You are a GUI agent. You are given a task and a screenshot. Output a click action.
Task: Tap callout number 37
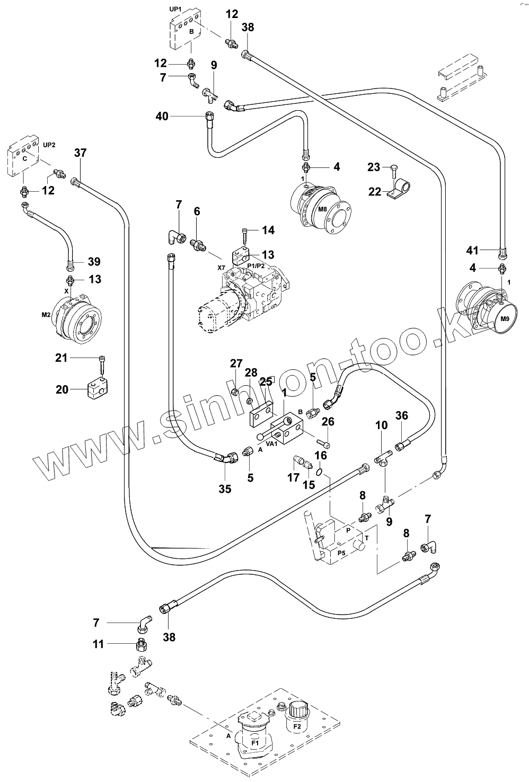(80, 153)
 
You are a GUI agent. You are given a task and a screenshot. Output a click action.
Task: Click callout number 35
(225, 488)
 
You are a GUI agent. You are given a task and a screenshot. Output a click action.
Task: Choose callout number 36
(402, 416)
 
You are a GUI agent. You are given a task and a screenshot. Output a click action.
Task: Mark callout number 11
(98, 644)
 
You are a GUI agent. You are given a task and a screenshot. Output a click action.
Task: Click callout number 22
(375, 191)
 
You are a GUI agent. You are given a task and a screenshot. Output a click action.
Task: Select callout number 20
(63, 389)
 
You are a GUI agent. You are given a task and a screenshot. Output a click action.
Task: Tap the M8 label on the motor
(322, 210)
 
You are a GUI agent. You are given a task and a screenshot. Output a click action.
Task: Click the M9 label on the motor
(505, 319)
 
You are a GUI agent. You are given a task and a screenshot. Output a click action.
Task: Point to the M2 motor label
(46, 315)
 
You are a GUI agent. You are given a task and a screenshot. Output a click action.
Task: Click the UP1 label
(176, 9)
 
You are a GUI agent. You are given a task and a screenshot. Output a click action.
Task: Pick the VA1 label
(271, 443)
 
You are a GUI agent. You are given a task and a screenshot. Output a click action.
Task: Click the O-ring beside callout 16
(319, 472)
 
